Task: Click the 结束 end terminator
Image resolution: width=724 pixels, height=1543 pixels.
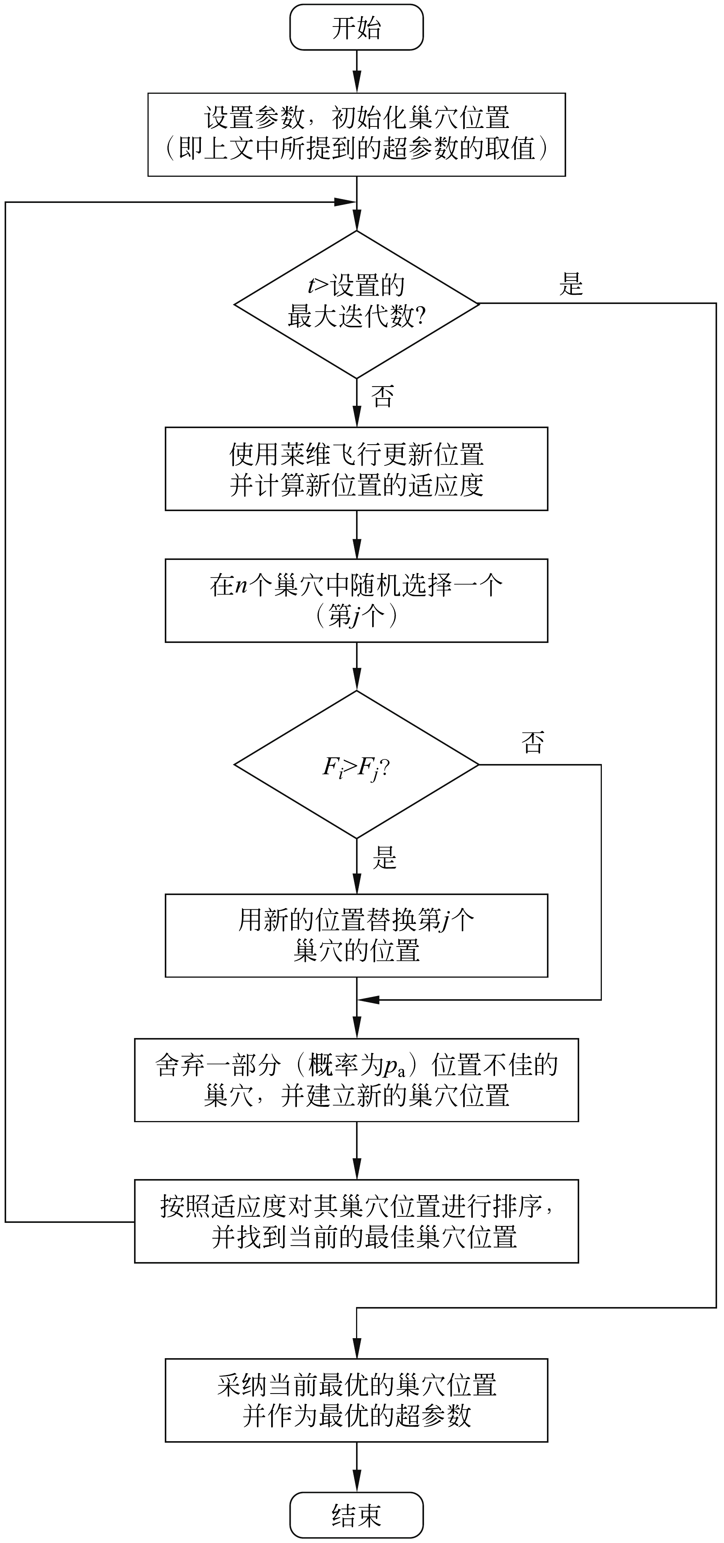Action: (x=356, y=1515)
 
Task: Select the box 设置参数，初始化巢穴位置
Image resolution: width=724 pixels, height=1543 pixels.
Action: (x=356, y=134)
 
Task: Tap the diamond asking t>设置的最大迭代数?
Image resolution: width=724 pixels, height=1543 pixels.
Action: (x=356, y=304)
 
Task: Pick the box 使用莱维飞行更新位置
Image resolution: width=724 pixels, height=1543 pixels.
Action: (x=356, y=468)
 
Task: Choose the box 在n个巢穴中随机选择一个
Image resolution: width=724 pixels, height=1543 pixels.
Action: (x=356, y=600)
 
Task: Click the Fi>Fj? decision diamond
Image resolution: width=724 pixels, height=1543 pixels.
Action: (x=356, y=765)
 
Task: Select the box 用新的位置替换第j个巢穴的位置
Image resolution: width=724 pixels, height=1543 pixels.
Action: (x=356, y=935)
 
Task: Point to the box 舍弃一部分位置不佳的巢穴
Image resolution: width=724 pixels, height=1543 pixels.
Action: (x=356, y=1080)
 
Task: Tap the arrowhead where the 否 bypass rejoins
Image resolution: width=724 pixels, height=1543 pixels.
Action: (x=368, y=1000)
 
